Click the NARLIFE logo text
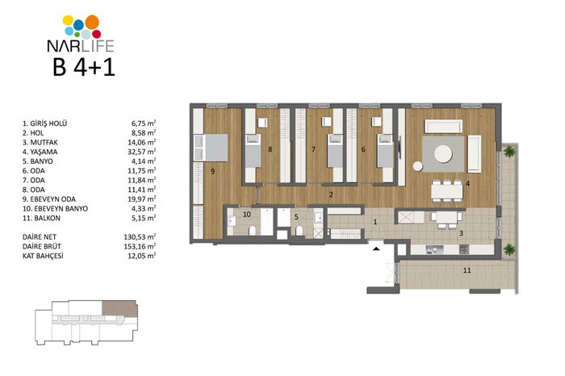[81, 46]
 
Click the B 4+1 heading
[84, 67]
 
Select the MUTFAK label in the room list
[44, 142]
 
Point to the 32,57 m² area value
[141, 152]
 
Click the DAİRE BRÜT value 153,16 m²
[140, 246]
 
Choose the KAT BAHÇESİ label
[43, 256]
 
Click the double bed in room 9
[211, 148]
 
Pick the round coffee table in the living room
[443, 154]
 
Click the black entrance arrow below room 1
[376, 249]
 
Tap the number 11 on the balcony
[467, 270]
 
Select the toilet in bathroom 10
[252, 231]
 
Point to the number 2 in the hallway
[331, 194]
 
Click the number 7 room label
[313, 149]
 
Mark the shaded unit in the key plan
[119, 309]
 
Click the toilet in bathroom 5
[299, 231]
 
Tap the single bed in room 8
[253, 151]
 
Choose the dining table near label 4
[447, 191]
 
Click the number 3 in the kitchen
[461, 233]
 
